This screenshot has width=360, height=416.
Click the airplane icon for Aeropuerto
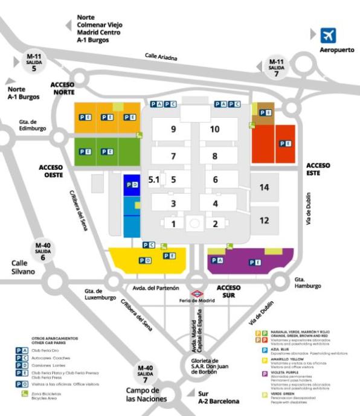[x=328, y=34]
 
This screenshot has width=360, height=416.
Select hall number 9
[x=173, y=129]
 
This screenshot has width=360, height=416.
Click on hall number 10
[x=215, y=129]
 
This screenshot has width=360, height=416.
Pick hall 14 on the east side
[x=264, y=188]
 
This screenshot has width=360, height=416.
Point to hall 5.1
[x=153, y=179]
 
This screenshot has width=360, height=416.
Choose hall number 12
[x=264, y=220]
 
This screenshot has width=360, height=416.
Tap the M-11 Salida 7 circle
[x=276, y=65]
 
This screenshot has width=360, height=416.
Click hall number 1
[x=173, y=224]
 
